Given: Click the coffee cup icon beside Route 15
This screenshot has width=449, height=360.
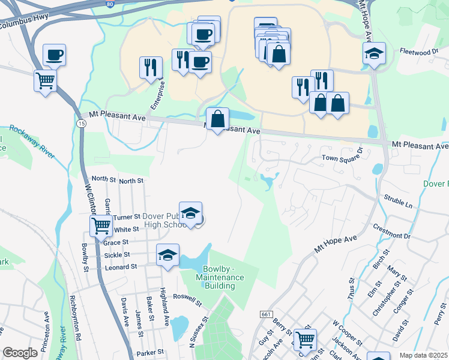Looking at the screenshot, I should coord(54,55).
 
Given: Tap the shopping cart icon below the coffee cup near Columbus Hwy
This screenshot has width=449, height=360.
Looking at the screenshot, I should coord(45,80).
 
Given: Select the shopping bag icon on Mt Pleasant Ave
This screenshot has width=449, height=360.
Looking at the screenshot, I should coord(217,118).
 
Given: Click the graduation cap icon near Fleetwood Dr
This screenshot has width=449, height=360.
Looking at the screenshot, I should coord(374,53).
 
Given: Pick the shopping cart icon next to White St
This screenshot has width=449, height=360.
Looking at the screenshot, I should coord(101,226).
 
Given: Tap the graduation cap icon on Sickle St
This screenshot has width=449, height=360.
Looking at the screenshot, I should coord(167,254).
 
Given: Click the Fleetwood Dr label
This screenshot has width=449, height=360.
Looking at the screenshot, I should coord(420,52).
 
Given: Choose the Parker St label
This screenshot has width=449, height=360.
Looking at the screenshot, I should coord(150,352).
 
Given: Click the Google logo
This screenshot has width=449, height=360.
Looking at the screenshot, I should coord(20,353).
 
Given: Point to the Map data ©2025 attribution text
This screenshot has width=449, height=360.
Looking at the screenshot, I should coord(424,355).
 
